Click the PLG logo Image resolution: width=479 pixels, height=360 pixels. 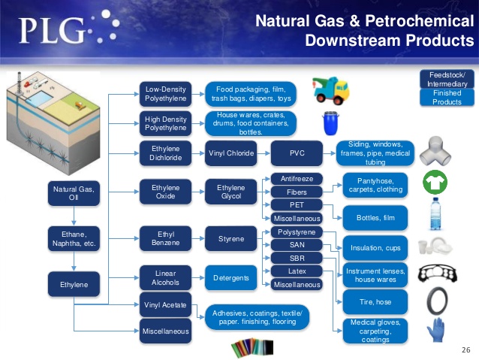coord(69,28)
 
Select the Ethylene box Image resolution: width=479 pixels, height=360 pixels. coord(74,284)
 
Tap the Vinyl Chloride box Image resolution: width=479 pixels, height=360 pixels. coord(231,153)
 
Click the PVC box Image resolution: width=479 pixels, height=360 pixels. coord(297,153)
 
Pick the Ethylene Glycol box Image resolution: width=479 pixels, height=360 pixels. coord(231,192)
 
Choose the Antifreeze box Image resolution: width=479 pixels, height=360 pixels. coord(297,179)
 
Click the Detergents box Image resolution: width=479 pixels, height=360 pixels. coord(231,278)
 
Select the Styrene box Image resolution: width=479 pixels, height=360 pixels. coord(231,238)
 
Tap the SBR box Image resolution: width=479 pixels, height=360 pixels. coord(297,258)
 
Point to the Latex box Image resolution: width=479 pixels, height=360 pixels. coord(297,271)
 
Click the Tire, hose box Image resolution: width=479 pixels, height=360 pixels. coord(375,302)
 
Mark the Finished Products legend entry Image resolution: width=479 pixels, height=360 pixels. coord(447,98)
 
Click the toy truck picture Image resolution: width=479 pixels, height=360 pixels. coord(330,90)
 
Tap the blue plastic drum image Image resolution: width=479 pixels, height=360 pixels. coord(331,123)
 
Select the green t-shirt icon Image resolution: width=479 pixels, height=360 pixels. coord(435,183)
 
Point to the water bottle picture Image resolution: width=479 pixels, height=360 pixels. coord(435,213)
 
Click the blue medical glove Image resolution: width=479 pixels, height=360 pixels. coord(435,329)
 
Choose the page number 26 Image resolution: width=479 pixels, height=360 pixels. coord(466,350)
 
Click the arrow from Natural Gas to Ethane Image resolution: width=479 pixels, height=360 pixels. coord(74,216)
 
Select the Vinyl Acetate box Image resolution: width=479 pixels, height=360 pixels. coord(165,305)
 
